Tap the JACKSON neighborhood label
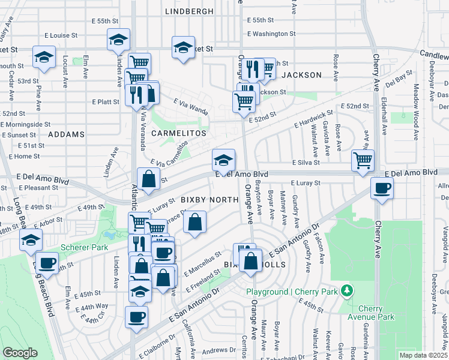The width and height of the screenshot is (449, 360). point(301,75)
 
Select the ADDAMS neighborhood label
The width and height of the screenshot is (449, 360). point(67,134)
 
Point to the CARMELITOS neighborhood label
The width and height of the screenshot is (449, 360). point(178,133)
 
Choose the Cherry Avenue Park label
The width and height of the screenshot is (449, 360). point(370,313)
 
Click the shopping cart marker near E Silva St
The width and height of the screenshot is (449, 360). point(363,161)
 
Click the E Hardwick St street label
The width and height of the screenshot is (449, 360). point(313,118)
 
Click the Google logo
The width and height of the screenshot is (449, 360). point(20,353)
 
